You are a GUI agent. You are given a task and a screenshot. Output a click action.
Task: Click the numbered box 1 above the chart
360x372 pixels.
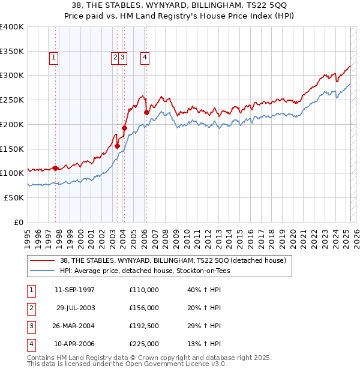[54, 58]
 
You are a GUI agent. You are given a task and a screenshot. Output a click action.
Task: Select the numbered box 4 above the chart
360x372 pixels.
[145, 58]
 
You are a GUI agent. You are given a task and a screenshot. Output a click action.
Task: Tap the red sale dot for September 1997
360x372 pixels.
[55, 168]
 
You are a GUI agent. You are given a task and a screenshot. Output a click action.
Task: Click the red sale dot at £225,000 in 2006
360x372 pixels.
[146, 112]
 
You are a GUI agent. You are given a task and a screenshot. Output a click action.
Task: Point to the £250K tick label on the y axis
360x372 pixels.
[12, 100]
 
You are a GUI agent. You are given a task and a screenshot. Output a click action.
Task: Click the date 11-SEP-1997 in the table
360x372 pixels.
[74, 290]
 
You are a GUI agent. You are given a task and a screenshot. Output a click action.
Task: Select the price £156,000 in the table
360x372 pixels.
[144, 308]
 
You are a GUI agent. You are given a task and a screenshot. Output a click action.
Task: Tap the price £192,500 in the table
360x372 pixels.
[144, 326]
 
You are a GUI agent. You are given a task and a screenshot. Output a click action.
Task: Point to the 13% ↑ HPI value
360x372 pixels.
[204, 344]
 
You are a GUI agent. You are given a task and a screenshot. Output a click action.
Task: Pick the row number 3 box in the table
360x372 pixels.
[30, 326]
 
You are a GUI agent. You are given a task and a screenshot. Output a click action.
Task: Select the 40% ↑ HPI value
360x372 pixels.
[204, 290]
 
